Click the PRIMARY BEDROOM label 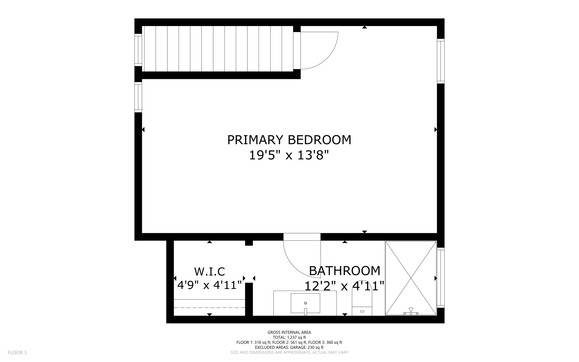tap(289, 140)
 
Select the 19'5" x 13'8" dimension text tap(289, 155)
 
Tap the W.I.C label tap(209, 271)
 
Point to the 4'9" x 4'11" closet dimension tap(209, 285)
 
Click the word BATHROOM tap(344, 271)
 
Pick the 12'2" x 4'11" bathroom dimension tap(344, 286)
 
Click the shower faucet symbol tap(411, 311)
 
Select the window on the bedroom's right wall tap(440, 61)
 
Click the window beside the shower tap(440, 277)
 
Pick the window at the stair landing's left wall tap(138, 50)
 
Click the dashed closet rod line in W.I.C tap(209, 307)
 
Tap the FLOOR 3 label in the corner tap(17, 352)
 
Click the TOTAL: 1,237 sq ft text tap(289, 337)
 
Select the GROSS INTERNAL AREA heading tap(289, 332)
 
